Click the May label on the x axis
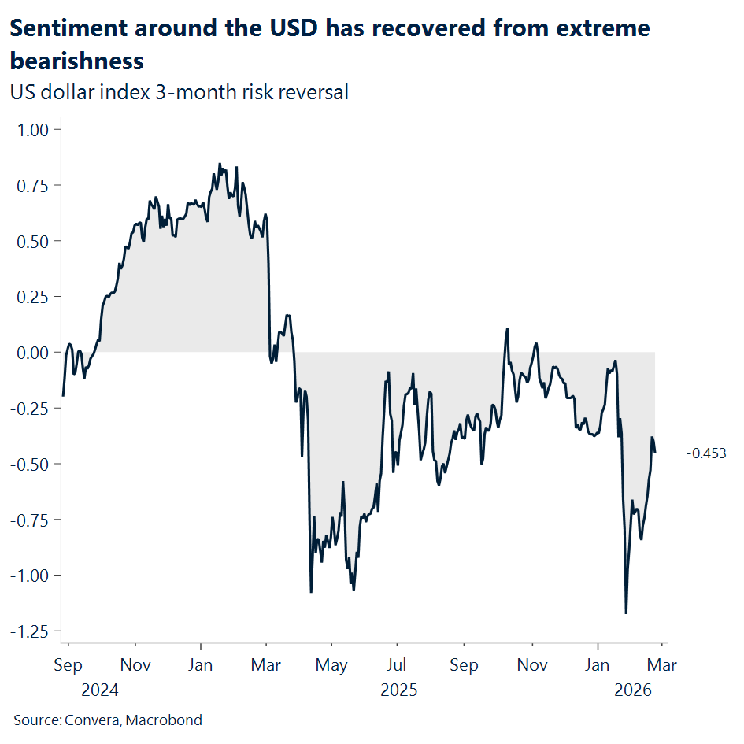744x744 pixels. click(x=331, y=666)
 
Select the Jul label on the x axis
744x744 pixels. click(x=398, y=666)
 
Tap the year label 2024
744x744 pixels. click(x=99, y=690)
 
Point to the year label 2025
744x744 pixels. click(x=399, y=690)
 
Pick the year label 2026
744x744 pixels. click(x=633, y=690)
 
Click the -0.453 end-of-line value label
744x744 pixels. click(x=705, y=453)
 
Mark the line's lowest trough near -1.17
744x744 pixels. click(x=626, y=613)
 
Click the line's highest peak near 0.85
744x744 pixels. click(x=219, y=164)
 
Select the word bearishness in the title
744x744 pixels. click(x=76, y=61)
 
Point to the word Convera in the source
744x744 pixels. click(x=96, y=720)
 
